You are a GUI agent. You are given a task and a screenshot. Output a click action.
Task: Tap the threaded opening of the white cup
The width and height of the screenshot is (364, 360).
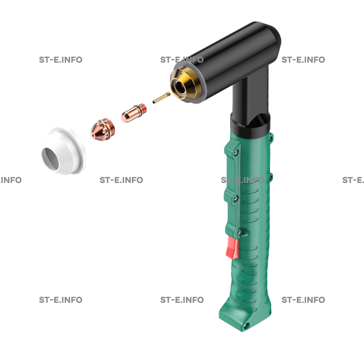50,159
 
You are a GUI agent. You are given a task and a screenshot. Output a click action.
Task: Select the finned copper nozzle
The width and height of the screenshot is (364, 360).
103,129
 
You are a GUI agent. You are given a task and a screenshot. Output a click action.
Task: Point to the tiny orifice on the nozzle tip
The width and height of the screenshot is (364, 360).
93,136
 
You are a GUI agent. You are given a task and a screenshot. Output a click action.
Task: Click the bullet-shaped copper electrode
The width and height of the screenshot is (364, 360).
134,113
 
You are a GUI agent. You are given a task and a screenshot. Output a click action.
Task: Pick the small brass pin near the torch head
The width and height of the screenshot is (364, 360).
161,97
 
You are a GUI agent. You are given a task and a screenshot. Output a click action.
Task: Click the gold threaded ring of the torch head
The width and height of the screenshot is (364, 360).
186,84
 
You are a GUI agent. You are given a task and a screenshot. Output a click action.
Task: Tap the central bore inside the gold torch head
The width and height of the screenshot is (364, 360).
179,87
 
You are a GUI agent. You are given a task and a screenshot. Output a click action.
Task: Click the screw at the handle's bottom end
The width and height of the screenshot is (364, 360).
246,325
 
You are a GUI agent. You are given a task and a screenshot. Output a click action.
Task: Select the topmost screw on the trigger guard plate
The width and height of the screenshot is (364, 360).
236,152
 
